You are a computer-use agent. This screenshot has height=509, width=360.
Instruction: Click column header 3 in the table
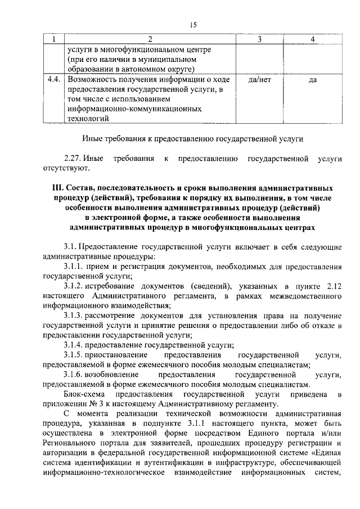click(x=259, y=39)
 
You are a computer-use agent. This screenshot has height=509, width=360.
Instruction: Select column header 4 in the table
click(x=312, y=39)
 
